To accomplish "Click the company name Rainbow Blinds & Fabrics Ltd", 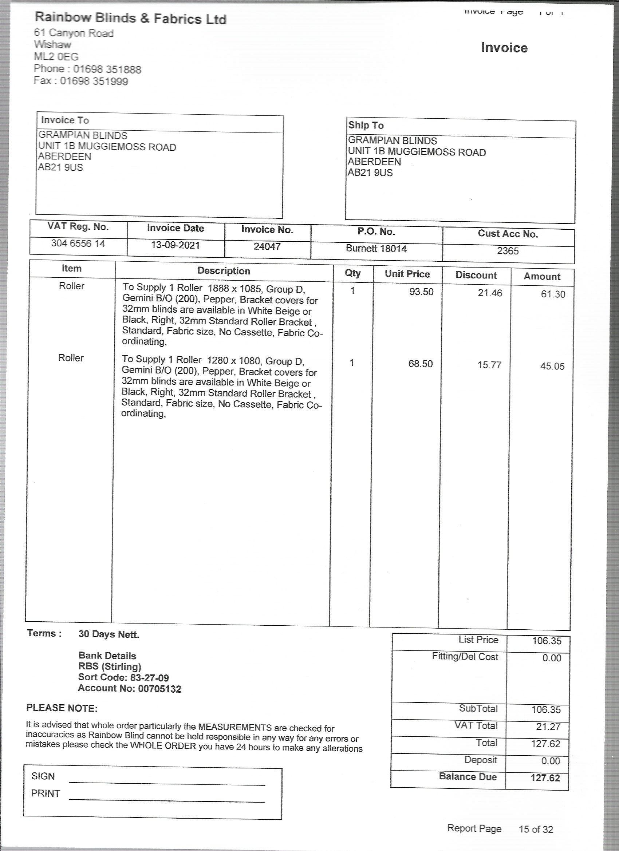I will [x=130, y=18].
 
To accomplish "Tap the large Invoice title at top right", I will [x=504, y=48].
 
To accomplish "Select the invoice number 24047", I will [x=267, y=246].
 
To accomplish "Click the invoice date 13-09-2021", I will [x=175, y=245].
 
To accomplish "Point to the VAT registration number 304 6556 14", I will [x=78, y=244].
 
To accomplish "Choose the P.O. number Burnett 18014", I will [x=376, y=248].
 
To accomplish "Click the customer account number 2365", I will [x=508, y=251].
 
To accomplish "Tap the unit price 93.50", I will [x=421, y=292].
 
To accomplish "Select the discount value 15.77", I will [x=489, y=365].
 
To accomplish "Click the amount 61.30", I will [x=553, y=294].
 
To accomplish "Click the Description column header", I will [x=224, y=271].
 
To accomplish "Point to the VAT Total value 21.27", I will [x=548, y=727].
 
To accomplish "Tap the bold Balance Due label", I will [x=468, y=776].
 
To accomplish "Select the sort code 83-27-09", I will [x=149, y=677].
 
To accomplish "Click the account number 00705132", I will [x=159, y=689].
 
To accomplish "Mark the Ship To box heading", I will [x=366, y=125].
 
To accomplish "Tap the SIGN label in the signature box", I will [x=43, y=776].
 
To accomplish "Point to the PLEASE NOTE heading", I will [x=62, y=708].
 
